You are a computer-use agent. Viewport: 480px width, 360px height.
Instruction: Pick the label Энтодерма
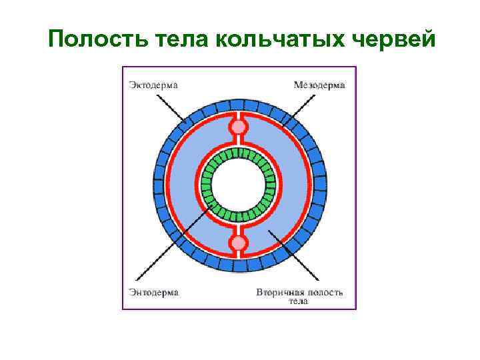click(154, 292)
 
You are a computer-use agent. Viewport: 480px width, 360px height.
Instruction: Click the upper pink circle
click(238, 127)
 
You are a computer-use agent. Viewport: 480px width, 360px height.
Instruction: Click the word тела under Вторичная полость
click(298, 301)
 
